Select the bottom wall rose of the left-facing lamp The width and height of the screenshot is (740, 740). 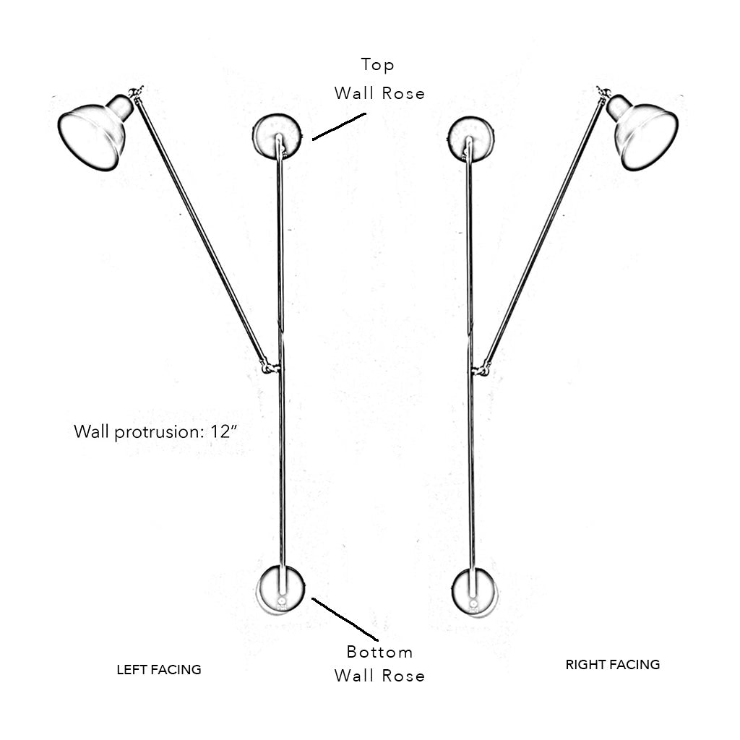pyautogui.click(x=281, y=588)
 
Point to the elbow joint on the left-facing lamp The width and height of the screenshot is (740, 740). pyautogui.click(x=270, y=368)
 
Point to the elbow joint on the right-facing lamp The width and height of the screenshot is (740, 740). pyautogui.click(x=481, y=370)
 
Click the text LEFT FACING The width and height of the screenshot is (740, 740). pyautogui.click(x=159, y=670)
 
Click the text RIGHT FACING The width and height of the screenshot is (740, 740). pyautogui.click(x=613, y=665)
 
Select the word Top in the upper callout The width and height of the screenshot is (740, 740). pyautogui.click(x=378, y=65)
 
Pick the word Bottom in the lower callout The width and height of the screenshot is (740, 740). pyautogui.click(x=379, y=652)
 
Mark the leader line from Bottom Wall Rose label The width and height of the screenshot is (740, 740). pyautogui.click(x=345, y=619)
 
